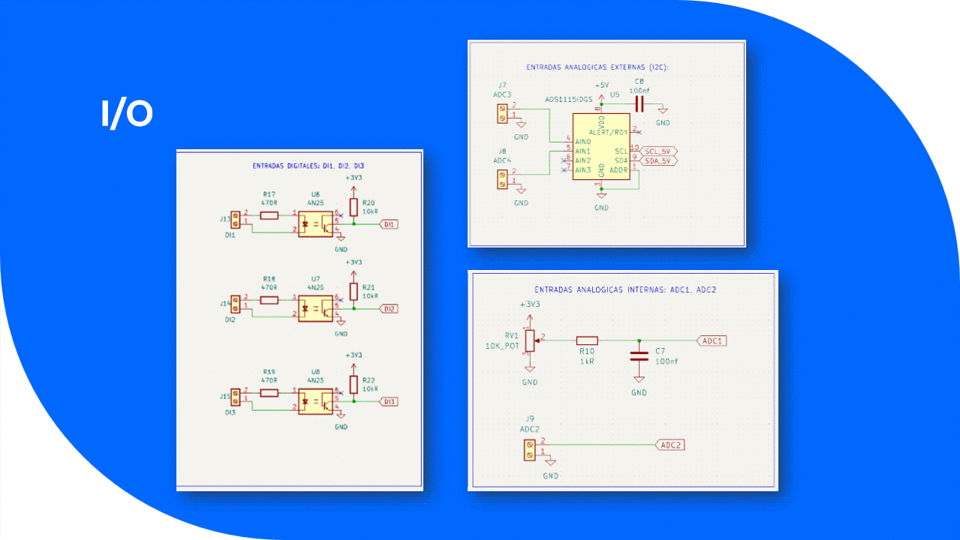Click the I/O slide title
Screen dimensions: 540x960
tap(127, 113)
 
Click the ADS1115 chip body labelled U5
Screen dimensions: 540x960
tap(600, 147)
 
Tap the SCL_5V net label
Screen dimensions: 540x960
tap(659, 151)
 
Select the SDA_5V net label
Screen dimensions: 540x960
tap(659, 160)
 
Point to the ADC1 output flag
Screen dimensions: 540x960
tap(712, 340)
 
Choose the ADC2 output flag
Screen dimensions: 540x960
tap(670, 445)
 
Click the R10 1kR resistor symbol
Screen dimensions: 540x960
tap(586, 340)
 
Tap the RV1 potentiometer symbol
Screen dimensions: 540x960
tap(531, 341)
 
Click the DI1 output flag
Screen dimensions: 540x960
tap(389, 224)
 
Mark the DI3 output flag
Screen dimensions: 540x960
tap(389, 401)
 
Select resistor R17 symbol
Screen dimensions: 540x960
tap(269, 216)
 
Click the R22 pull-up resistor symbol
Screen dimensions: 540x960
tap(354, 385)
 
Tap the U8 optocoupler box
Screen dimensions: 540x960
tap(316, 401)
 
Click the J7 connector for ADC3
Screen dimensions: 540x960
tap(502, 114)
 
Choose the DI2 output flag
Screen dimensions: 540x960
tap(389, 309)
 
